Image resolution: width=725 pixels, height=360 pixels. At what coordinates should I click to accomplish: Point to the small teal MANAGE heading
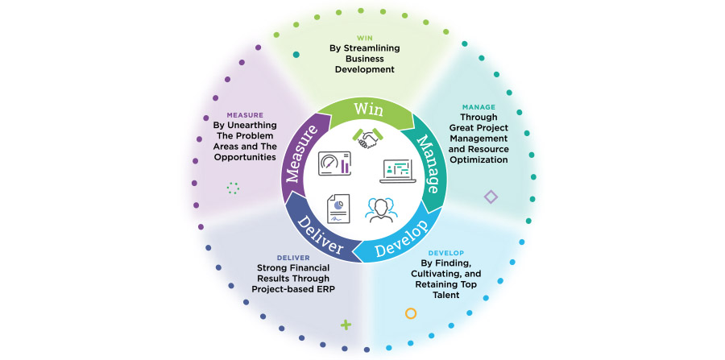pyautogui.click(x=478, y=106)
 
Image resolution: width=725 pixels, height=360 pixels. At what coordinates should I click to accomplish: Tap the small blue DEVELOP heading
pyautogui.click(x=445, y=252)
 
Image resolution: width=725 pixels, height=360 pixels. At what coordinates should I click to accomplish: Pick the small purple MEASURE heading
pyautogui.click(x=245, y=114)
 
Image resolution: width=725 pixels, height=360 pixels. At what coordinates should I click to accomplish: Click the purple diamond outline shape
pyautogui.click(x=491, y=197)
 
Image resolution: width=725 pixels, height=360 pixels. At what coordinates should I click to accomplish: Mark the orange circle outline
pyautogui.click(x=411, y=313)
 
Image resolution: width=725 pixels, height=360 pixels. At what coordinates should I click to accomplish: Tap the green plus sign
pyautogui.click(x=346, y=325)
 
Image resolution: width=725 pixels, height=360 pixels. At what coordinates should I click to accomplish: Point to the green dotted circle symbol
pyautogui.click(x=234, y=188)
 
